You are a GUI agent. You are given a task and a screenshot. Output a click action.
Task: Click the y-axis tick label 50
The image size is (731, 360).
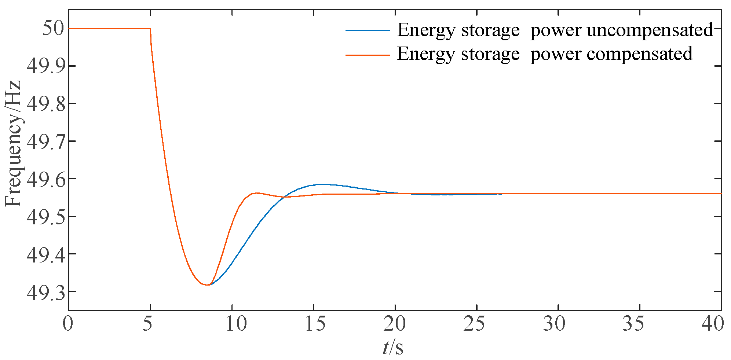pyautogui.click(x=53, y=29)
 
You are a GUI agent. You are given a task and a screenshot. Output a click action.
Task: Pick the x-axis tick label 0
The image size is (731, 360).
pyautogui.click(x=68, y=324)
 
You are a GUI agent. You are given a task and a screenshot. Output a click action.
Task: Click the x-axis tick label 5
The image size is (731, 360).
pyautogui.click(x=148, y=324)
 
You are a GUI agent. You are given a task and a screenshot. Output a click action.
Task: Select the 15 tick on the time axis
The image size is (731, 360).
pyautogui.click(x=315, y=324)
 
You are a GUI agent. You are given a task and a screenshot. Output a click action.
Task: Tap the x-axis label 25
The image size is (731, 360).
pyautogui.click(x=474, y=324)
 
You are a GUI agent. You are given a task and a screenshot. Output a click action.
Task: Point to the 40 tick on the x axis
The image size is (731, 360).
pyautogui.click(x=712, y=324)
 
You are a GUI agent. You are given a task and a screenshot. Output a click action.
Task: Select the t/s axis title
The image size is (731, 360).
pyautogui.click(x=393, y=347)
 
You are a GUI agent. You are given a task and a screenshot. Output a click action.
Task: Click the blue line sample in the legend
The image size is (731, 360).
pyautogui.click(x=367, y=30)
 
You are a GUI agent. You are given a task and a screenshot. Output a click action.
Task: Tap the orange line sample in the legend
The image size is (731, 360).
pyautogui.click(x=367, y=55)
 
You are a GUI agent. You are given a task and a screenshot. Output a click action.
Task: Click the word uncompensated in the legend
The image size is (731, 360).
pyautogui.click(x=650, y=30)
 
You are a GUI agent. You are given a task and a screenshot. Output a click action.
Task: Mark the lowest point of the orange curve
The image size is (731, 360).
pyautogui.click(x=208, y=285)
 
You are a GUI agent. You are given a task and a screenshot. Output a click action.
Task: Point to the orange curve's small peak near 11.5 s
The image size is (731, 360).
pyautogui.click(x=257, y=193)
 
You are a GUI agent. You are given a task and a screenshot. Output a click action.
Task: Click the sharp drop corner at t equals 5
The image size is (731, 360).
pyautogui.click(x=150, y=29)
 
